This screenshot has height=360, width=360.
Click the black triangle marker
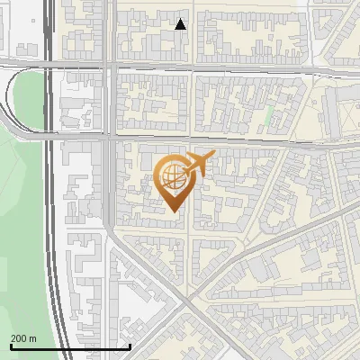tap(181, 24)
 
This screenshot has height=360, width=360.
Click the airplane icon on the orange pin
tap(200, 164)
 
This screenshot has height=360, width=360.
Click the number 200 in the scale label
tap(19, 338)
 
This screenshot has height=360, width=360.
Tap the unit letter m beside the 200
tap(33, 338)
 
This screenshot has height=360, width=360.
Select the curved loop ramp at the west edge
tap(13, 99)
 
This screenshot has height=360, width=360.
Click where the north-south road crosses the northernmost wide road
tap(110, 65)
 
